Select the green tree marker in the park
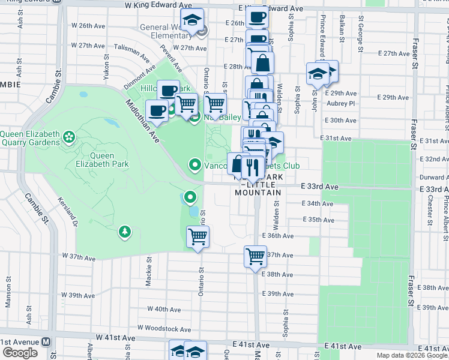[124, 232]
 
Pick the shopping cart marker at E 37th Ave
[255, 256]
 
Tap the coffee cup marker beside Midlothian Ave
[157, 110]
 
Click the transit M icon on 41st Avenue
[46, 342]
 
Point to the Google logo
[20, 353]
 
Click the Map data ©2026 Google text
[412, 355]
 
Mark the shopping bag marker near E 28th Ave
[262, 62]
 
